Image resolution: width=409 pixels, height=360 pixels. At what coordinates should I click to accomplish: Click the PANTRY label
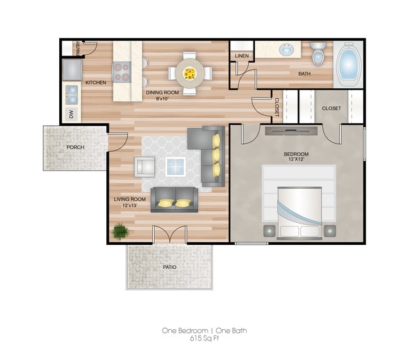pos(77,48)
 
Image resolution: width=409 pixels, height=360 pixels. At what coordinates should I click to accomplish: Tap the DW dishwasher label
pos(71,114)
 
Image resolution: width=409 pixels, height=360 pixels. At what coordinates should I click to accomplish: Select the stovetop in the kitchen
pos(121,72)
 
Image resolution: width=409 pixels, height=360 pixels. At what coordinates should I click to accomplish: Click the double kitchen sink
pos(72,94)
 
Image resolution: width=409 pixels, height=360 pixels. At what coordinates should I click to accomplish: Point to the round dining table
pos(189,73)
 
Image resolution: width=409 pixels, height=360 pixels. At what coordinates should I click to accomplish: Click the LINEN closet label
pos(242,57)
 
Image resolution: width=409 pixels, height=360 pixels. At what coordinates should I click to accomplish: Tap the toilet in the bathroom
pos(318,55)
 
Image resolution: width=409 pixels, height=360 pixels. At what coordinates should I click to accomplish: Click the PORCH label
pos(75,147)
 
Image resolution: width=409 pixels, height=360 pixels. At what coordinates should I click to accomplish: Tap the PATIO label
pos(169,267)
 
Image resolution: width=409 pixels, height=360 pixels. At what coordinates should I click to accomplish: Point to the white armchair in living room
pos(145,167)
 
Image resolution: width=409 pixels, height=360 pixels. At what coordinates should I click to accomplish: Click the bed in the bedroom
pos(299,201)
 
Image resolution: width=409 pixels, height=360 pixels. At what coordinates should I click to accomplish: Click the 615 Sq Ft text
pos(208,338)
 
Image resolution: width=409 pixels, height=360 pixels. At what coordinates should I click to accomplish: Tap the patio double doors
pos(170,235)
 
